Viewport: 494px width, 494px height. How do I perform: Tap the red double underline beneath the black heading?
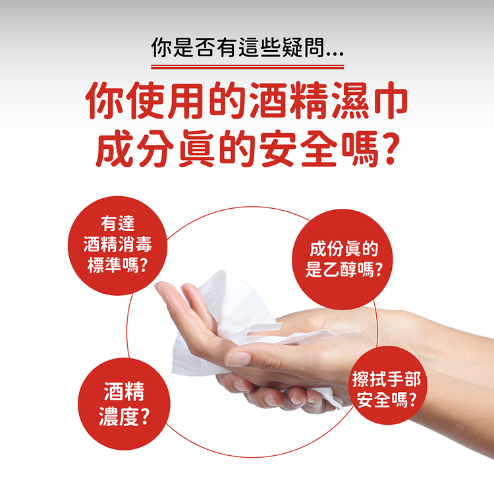247,67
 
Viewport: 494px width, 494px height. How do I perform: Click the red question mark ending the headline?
391,149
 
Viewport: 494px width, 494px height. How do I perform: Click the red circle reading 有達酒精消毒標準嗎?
117,246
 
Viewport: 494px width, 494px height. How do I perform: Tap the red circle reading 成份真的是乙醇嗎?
343,259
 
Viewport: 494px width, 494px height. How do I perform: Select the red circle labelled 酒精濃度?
124,404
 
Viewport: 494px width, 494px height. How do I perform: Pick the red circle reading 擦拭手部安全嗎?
387,385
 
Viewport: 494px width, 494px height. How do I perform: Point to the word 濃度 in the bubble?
118,417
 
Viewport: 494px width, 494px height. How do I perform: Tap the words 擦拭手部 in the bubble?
386,379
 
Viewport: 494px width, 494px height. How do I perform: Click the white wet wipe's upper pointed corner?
223,270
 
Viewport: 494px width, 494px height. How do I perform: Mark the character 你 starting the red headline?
105,101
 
